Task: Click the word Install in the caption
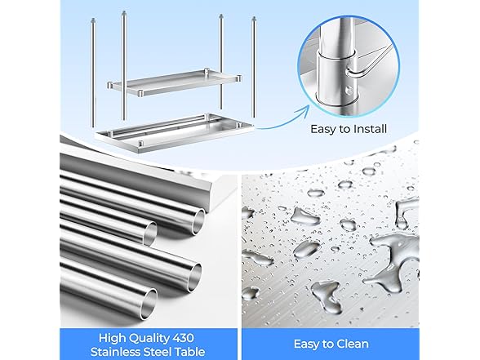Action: (x=370, y=129)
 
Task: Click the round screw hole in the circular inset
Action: (x=349, y=90)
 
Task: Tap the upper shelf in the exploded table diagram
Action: (x=175, y=82)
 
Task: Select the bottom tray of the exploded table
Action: (x=174, y=134)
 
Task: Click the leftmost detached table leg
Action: (x=94, y=73)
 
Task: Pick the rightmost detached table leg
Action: (x=253, y=67)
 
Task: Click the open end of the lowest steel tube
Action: (x=150, y=300)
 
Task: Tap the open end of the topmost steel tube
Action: (x=199, y=221)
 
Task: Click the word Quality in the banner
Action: (x=149, y=339)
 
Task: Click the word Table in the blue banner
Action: (x=191, y=351)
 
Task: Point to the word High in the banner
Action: (x=112, y=339)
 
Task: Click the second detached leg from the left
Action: (x=124, y=65)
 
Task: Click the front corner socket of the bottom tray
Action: (x=140, y=144)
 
